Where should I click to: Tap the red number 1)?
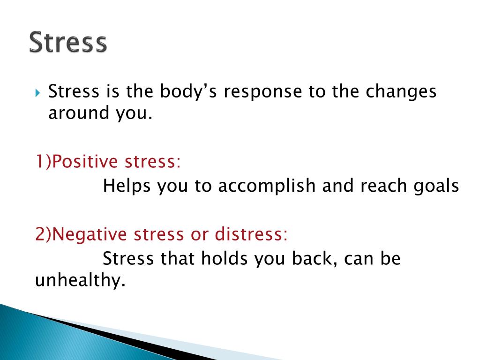coord(44,162)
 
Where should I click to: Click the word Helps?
coord(126,186)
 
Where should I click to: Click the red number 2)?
coord(44,234)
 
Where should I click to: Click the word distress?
coord(251,234)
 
